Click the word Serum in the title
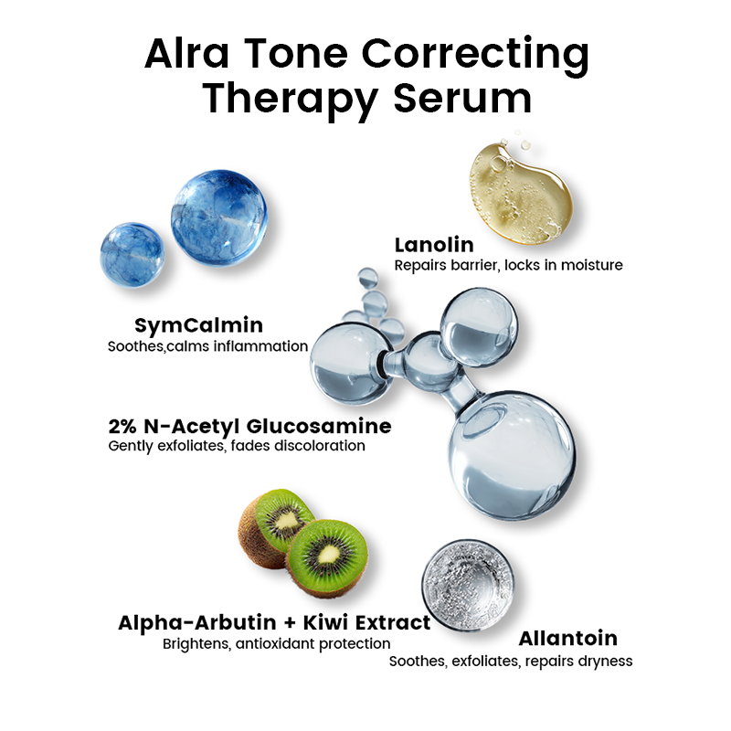[462, 98]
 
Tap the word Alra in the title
[187, 54]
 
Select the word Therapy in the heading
[290, 101]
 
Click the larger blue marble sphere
[219, 217]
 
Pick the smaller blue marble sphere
[132, 254]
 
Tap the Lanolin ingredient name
[434, 245]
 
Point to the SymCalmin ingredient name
[199, 325]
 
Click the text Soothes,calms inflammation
[208, 346]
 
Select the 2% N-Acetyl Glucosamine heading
[249, 426]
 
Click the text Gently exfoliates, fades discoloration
[237, 446]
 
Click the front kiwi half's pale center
[329, 554]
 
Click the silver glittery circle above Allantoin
[468, 585]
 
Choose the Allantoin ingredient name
[568, 638]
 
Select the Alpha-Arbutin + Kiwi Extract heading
[274, 623]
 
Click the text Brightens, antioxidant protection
[277, 644]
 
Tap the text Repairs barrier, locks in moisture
[509, 265]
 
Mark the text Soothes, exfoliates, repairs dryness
[511, 661]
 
